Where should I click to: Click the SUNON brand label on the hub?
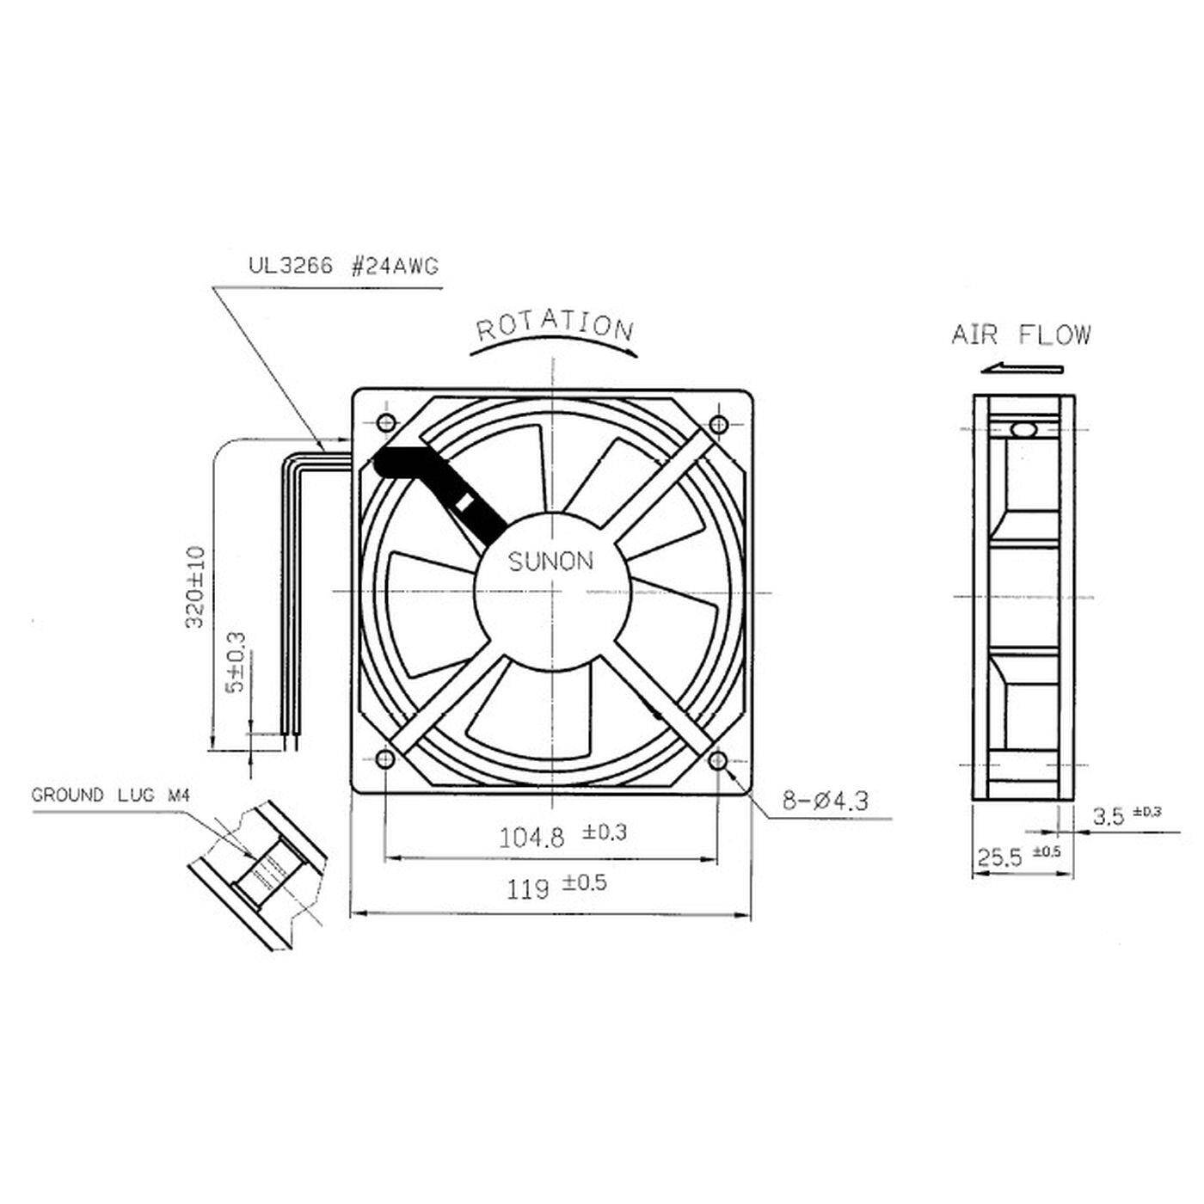tap(550, 562)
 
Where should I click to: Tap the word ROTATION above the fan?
tap(555, 326)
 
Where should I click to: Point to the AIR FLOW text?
tap(1021, 335)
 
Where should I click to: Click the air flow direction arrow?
tap(1023, 368)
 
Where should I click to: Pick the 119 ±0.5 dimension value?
tap(556, 885)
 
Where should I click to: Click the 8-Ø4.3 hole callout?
tap(825, 802)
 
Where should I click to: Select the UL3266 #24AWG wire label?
tap(343, 267)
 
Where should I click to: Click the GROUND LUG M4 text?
tap(109, 795)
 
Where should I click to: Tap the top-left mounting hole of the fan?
tap(386, 422)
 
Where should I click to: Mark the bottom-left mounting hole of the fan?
tap(384, 759)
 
